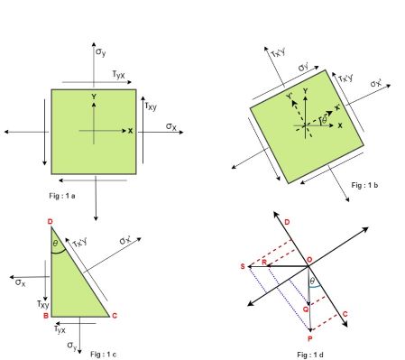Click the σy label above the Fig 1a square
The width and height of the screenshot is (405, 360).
[x=101, y=52]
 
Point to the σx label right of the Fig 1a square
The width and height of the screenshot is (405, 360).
[x=171, y=126]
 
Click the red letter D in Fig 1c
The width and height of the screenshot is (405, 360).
[x=49, y=220]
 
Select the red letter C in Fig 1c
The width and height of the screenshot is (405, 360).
[x=114, y=316]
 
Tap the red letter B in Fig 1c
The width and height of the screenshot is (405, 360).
[x=44, y=317]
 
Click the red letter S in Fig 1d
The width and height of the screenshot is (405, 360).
[x=243, y=267]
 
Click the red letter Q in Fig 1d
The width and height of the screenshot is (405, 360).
[x=305, y=309]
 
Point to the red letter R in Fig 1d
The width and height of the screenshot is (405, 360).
[x=263, y=262]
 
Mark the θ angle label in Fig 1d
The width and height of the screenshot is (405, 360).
[x=312, y=282]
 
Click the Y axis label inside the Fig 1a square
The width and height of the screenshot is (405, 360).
[x=93, y=97]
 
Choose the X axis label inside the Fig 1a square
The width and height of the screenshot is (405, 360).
[x=130, y=131]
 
